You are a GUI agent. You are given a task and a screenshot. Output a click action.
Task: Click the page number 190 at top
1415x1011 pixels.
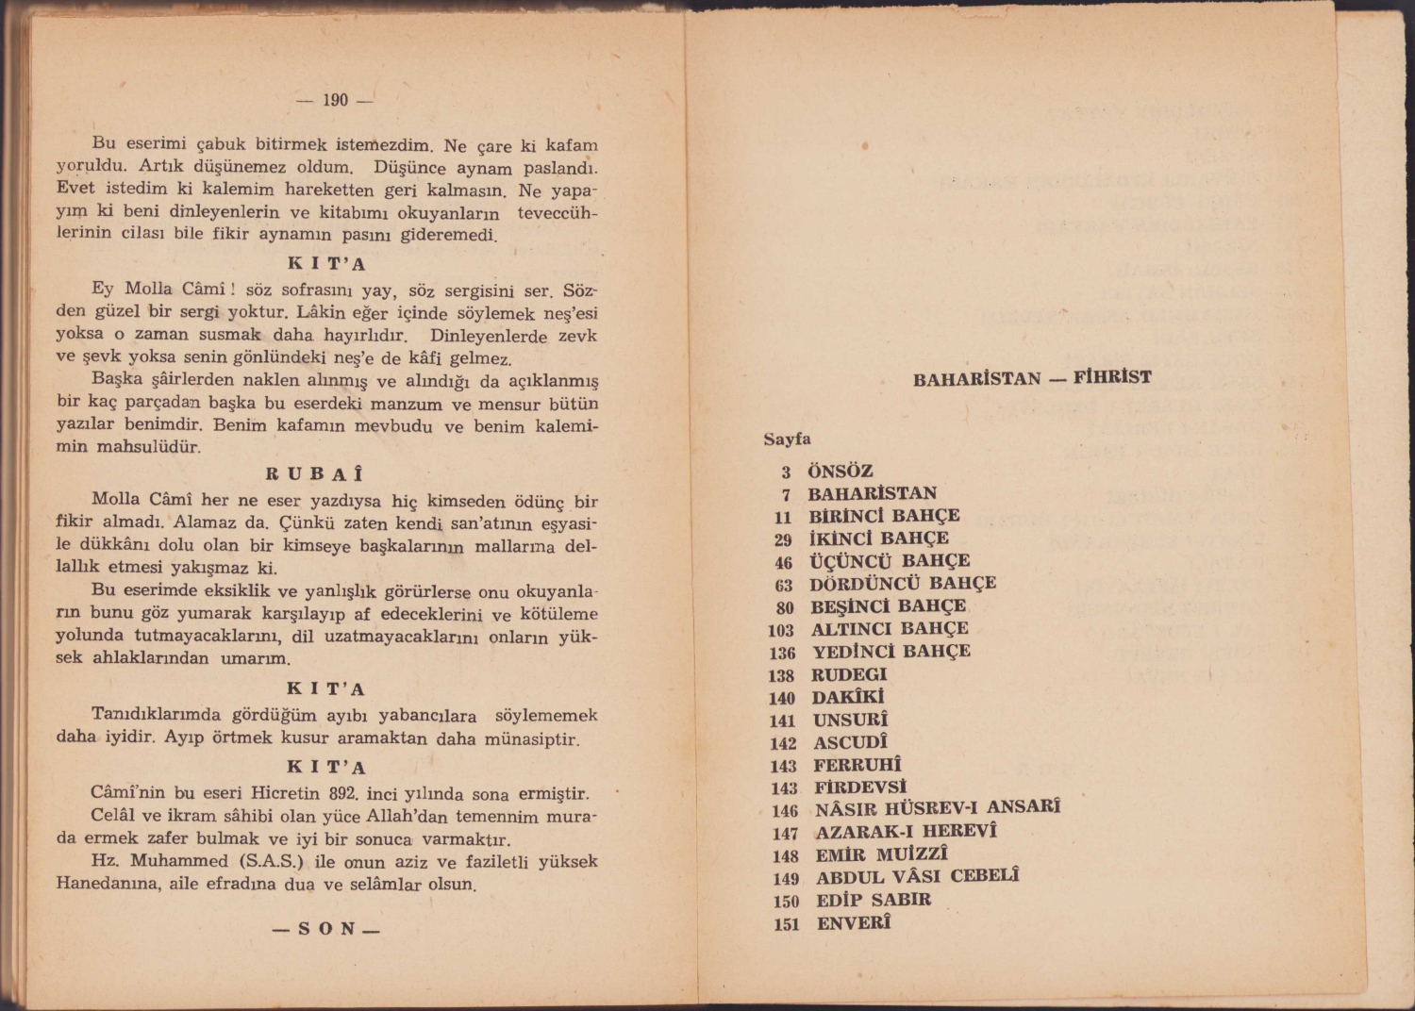click(x=335, y=100)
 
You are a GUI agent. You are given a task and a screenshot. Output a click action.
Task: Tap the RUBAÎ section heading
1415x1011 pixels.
click(x=314, y=474)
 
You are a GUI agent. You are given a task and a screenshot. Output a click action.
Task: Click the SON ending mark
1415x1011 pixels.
click(x=326, y=929)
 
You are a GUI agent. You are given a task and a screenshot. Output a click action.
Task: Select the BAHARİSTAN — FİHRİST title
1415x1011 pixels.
click(x=1032, y=378)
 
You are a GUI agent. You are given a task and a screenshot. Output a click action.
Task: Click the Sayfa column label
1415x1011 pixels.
click(x=787, y=439)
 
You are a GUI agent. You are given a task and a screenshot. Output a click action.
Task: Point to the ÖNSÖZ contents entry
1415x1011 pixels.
click(x=841, y=471)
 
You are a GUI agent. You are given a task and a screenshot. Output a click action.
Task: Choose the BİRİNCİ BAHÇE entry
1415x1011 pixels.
click(x=884, y=516)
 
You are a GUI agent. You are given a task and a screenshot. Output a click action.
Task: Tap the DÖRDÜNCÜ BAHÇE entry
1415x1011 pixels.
click(x=903, y=584)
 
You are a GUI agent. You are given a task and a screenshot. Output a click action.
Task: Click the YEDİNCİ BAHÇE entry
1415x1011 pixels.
click(x=891, y=652)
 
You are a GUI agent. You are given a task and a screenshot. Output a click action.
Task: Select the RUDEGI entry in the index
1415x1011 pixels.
click(x=849, y=674)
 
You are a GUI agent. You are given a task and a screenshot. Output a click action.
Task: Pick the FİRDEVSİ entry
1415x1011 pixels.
click(x=859, y=787)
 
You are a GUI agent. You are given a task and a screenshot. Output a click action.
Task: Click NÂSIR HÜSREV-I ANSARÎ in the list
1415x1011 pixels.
click(x=938, y=808)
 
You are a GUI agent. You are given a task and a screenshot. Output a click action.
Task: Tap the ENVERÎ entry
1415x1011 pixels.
click(x=853, y=923)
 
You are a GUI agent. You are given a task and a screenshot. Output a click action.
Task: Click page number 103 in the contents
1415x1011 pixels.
click(x=781, y=630)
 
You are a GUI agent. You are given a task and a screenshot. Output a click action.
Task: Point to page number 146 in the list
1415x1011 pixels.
click(x=784, y=810)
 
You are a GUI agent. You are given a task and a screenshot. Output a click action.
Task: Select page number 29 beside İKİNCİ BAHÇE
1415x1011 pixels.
click(x=783, y=539)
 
